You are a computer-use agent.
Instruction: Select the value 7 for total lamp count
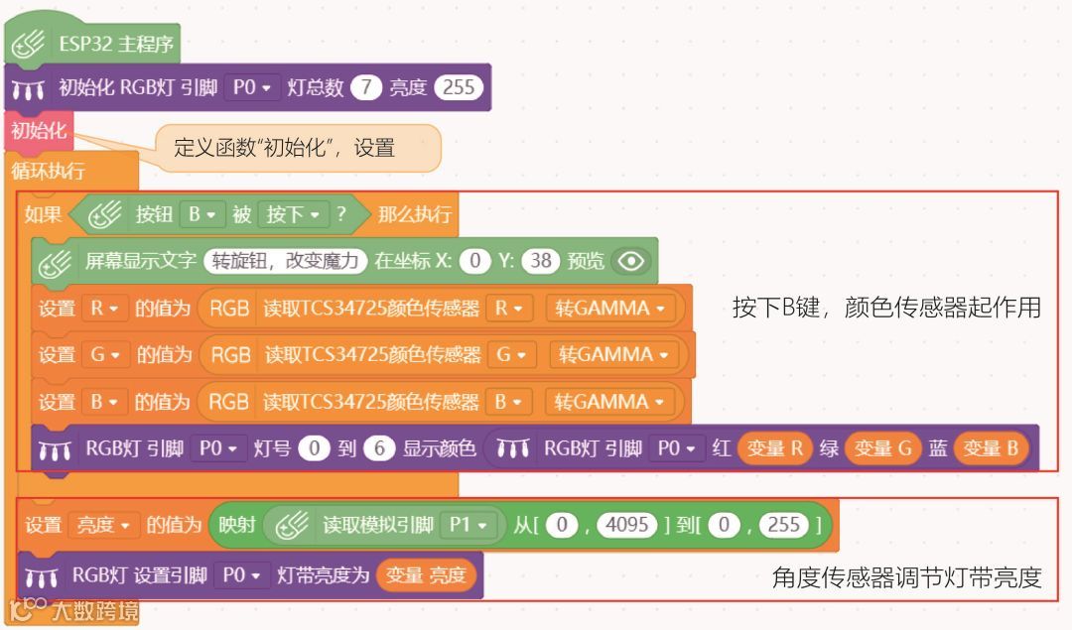(365, 87)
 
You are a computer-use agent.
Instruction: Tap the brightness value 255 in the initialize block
(459, 87)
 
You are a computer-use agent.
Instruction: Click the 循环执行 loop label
(48, 170)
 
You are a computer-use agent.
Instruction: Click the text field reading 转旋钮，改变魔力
(285, 261)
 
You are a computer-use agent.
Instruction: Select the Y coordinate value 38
(540, 261)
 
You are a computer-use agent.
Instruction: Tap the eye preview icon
(631, 261)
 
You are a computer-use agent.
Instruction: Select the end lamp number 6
(379, 448)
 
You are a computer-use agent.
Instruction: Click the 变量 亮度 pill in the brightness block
(426, 575)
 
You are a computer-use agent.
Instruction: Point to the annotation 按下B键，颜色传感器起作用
(886, 308)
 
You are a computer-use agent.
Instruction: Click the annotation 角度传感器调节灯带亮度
(906, 577)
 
